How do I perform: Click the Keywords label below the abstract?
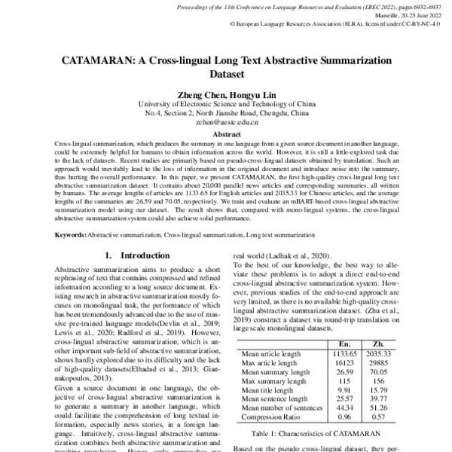pos(71,237)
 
